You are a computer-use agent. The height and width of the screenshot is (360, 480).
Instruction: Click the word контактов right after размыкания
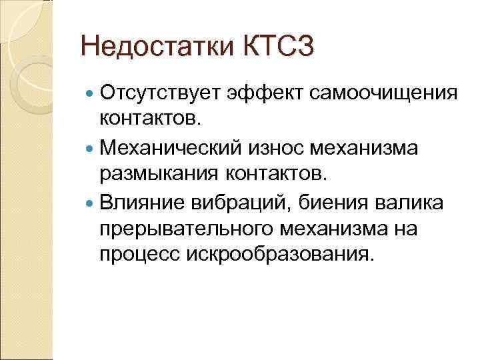pyautogui.click(x=273, y=174)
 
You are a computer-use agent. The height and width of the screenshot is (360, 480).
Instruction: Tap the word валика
pyautogui.click(x=398, y=202)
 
